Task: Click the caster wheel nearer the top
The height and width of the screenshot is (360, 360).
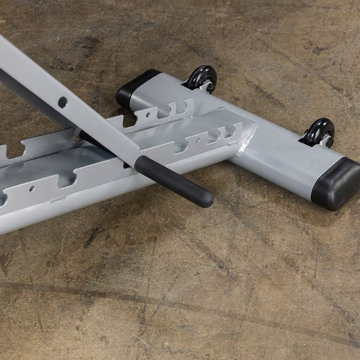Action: pyautogui.click(x=201, y=78)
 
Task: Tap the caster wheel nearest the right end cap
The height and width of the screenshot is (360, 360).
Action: pyautogui.click(x=319, y=131)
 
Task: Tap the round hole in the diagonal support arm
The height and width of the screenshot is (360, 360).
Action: pyautogui.click(x=62, y=102)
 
